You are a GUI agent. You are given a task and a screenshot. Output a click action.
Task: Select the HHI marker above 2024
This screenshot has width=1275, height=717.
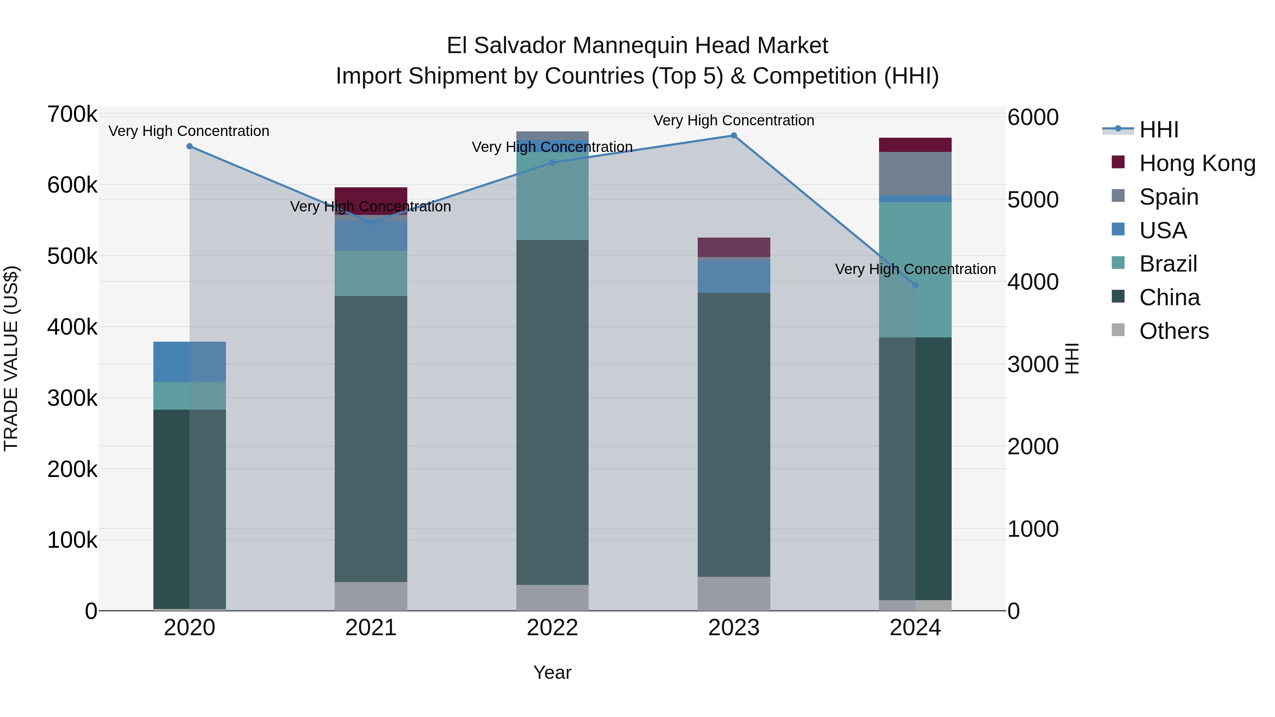pos(915,285)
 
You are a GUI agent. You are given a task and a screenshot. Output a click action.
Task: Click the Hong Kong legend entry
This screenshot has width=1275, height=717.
pos(1197,163)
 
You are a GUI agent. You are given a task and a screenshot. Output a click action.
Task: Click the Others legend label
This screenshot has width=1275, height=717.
pos(1174,331)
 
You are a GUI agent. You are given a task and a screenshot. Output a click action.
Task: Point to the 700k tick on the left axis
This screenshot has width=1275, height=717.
pos(72,114)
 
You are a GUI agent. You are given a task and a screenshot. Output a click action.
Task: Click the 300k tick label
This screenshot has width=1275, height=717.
pos(72,398)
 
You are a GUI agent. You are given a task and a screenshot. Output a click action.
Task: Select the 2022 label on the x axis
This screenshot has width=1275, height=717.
pos(552,628)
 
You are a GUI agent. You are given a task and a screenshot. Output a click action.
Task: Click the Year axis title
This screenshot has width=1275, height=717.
pos(552,672)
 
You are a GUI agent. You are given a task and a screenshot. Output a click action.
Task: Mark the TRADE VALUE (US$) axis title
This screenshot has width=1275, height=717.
pos(11,358)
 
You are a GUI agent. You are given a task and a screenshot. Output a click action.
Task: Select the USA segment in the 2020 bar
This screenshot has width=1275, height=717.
pos(189,362)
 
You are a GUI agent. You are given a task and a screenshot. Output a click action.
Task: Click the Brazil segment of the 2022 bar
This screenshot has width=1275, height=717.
pos(552,198)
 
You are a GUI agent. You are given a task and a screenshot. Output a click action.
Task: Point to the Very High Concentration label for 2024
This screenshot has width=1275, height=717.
pos(915,269)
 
